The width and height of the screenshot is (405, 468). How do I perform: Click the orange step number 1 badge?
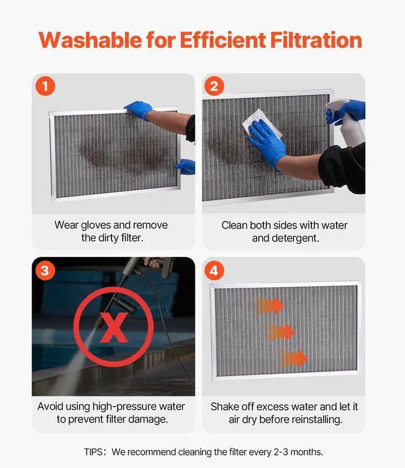pos(46,86)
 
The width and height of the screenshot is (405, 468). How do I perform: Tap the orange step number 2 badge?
pos(214,86)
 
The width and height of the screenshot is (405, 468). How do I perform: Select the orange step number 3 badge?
pos(46,270)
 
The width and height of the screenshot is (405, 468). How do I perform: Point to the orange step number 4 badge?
pos(214,270)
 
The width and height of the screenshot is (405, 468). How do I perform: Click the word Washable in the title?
pos(90,40)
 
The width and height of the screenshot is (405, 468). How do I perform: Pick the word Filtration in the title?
pos(316,40)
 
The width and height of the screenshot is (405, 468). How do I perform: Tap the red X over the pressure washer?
pos(114,327)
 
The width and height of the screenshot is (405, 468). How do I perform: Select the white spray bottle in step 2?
pos(346,122)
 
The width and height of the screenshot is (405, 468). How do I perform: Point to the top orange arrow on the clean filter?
pos(270,306)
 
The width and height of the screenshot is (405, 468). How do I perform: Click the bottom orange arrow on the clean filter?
pos(294,358)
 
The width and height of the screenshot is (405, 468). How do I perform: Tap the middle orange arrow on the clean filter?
pos(280,332)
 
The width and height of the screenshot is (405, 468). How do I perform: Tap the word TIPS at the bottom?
pos(94,452)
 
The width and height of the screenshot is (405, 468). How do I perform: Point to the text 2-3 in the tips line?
pos(281,452)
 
